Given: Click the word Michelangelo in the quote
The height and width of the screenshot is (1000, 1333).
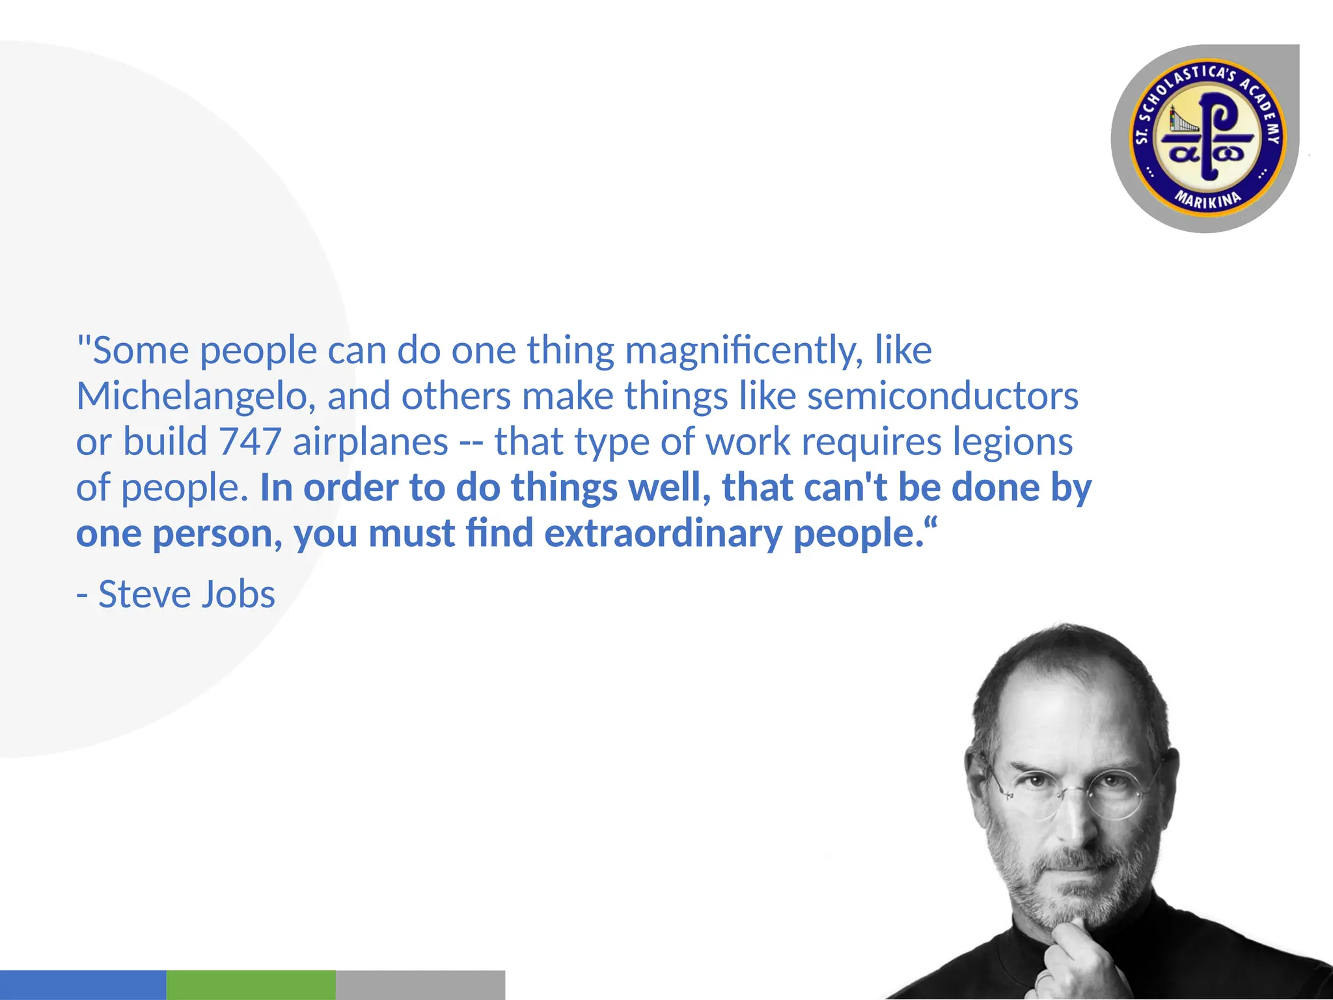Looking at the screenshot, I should [196, 397].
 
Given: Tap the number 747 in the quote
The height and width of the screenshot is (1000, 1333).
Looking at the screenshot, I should [250, 442].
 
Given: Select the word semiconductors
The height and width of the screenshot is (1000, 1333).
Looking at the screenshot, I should [942, 396].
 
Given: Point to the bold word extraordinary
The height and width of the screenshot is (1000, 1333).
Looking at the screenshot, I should [663, 534].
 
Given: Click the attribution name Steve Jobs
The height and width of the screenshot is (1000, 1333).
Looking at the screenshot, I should [187, 594].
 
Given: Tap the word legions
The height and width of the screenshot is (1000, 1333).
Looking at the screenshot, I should [1012, 442].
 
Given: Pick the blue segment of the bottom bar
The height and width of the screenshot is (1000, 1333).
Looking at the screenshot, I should [83, 984].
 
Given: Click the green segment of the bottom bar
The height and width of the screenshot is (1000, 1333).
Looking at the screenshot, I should [251, 984].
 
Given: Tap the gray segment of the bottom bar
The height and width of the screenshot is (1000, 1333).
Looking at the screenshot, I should [420, 984].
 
